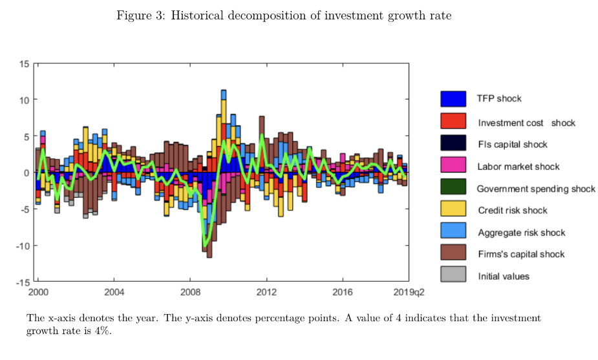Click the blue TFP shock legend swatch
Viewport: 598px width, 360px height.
click(453, 98)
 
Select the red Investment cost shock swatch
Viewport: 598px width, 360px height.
click(453, 121)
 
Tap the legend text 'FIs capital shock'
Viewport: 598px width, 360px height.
click(512, 144)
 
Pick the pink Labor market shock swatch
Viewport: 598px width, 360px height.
click(453, 165)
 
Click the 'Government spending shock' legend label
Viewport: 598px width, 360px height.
click(536, 189)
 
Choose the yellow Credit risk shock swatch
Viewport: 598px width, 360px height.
click(453, 209)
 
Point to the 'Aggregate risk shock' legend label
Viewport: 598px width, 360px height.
click(521, 233)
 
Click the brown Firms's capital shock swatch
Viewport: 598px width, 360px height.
click(453, 253)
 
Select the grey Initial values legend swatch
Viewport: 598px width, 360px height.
click(453, 275)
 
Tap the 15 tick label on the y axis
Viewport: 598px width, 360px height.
click(24, 63)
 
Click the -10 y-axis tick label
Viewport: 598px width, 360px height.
click(22, 246)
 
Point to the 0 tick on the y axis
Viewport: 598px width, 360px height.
click(26, 173)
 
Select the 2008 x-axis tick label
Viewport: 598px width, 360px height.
click(190, 293)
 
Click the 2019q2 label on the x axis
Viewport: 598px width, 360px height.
click(409, 293)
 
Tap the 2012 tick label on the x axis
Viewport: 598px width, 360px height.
click(266, 293)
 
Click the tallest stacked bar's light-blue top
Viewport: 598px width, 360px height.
click(224, 94)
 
